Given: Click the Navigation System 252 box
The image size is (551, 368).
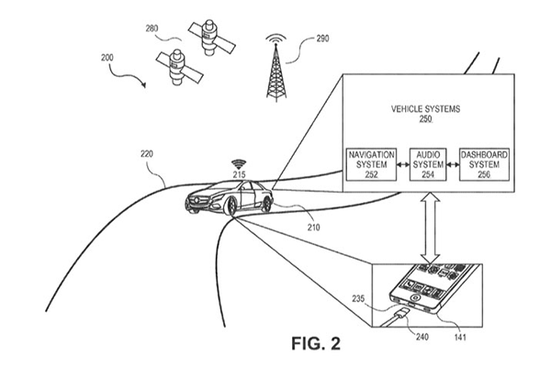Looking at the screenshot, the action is pos(371,164).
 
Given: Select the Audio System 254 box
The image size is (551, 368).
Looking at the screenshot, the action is pos(428,164).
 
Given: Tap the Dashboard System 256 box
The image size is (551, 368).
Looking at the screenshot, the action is pos(484,164).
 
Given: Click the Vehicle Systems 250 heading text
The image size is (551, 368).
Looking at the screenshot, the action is pos(425,114).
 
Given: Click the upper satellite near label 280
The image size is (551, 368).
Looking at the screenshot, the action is pos(211,38).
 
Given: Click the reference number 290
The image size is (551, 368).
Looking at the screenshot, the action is pos(322,39).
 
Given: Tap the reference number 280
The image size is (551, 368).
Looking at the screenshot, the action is pos(152,28).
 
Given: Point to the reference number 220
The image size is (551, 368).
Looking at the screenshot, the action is pos(147,154).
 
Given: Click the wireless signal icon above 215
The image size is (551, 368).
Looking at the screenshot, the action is pos(239,164).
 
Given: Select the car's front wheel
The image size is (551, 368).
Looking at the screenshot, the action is pos(231,206).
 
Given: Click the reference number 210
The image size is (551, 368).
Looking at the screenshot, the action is pos(313,228).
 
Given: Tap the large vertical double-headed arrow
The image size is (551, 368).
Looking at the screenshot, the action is pos(431,228).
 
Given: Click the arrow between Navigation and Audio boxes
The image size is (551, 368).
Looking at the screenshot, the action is pos(403,164).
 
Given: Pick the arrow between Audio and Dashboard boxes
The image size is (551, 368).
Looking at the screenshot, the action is pos(453,164).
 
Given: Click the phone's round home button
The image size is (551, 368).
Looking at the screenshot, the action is pos(416,297).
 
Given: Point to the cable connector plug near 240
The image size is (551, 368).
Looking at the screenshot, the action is pos(402,312).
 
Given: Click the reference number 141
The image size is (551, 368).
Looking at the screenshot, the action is pos(460,337).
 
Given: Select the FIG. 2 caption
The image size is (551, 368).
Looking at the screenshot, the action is pos(316,343).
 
